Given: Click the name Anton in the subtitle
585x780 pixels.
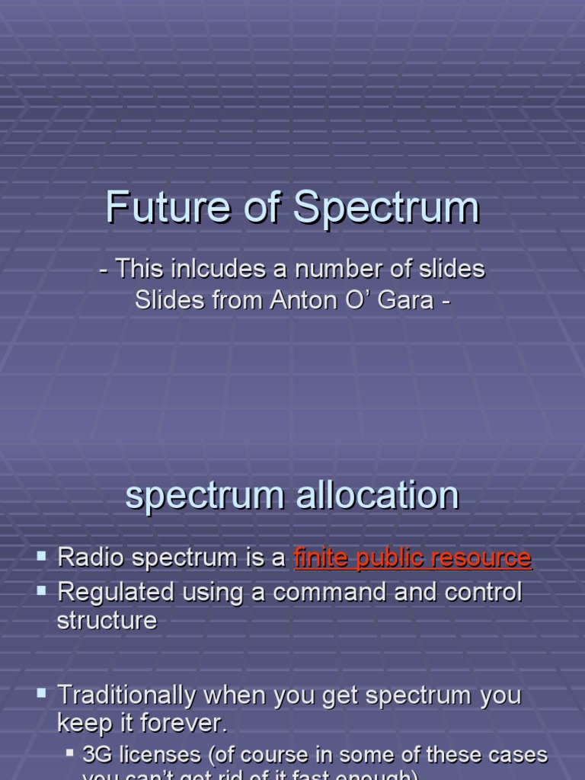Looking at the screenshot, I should point(302,300).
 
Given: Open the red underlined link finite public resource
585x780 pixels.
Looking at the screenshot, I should point(412,558).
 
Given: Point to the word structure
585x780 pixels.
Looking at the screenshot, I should point(107,620).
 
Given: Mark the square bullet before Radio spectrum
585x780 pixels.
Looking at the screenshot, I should point(42,556).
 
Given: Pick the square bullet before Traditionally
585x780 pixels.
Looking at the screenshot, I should point(42,693).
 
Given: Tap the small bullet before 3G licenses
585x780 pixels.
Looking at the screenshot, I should point(69,753).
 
